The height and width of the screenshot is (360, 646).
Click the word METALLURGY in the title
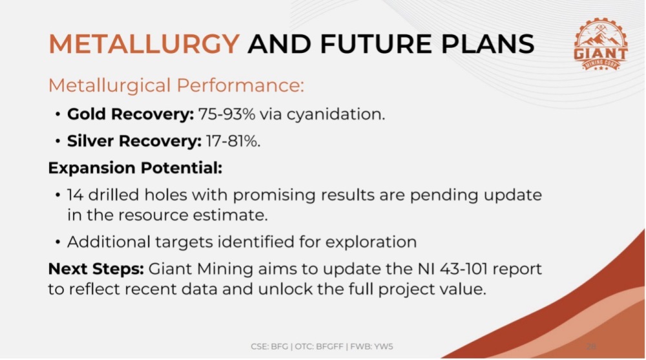[144, 44]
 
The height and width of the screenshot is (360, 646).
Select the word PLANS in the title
[487, 44]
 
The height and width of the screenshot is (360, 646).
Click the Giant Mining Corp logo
[600, 45]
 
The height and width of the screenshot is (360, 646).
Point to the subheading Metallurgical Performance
[176, 85]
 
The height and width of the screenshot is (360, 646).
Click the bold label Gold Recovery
[130, 114]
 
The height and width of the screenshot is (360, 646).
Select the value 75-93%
[227, 114]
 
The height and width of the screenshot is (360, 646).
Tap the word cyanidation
[336, 114]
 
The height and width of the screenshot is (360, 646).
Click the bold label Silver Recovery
[134, 141]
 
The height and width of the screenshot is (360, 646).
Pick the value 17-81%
[233, 141]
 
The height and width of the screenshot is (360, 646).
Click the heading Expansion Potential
[135, 168]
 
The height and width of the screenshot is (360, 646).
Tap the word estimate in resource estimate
[231, 215]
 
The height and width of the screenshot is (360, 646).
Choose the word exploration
[371, 242]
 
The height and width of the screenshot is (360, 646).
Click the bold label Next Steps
[96, 269]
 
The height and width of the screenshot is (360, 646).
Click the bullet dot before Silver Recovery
[58, 142]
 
